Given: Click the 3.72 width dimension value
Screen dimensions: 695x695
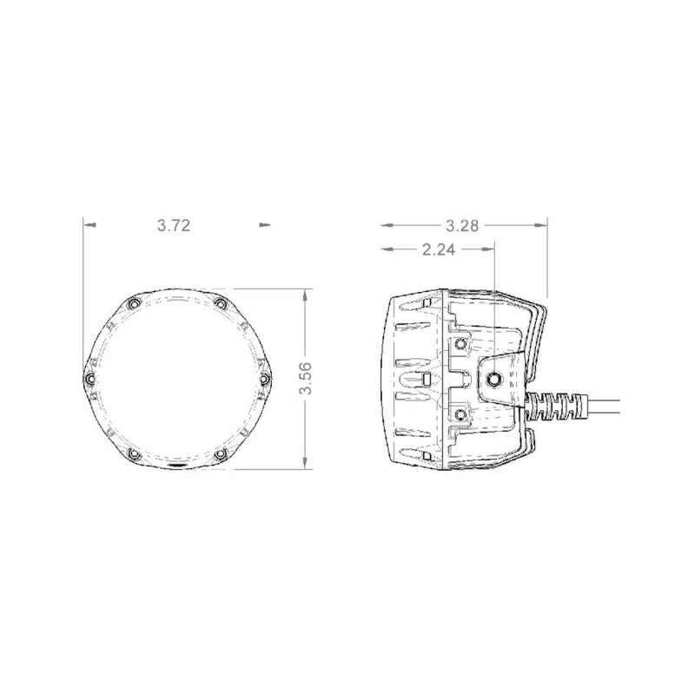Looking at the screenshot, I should point(174,225).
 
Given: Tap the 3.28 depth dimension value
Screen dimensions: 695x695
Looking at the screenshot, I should point(461,225).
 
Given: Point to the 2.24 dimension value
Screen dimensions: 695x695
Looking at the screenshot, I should point(438,250).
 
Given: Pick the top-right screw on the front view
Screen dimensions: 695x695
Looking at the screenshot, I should point(221,304).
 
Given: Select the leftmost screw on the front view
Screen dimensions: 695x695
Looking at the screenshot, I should point(90,379).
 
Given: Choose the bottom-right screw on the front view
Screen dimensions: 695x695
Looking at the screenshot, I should point(221,454).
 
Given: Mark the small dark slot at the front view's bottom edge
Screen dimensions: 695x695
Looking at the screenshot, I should point(175,467).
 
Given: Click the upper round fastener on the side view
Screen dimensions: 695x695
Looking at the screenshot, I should point(460,344).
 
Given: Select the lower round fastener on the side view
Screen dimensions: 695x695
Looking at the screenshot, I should point(460,414).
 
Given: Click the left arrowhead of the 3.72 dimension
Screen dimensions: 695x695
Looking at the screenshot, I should point(88,225).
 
